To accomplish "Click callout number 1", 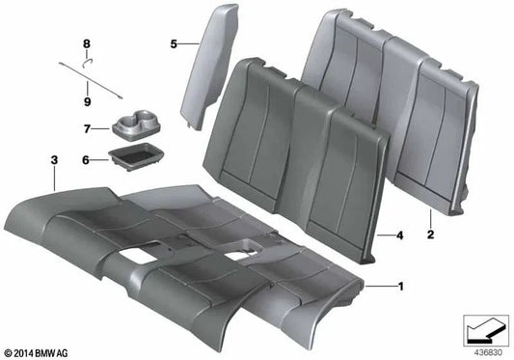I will [x=402, y=286].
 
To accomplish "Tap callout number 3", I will [x=54, y=157].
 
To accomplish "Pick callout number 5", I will [x=174, y=44].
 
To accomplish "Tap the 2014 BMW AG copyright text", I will [x=36, y=353].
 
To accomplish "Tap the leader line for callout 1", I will [x=381, y=286].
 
